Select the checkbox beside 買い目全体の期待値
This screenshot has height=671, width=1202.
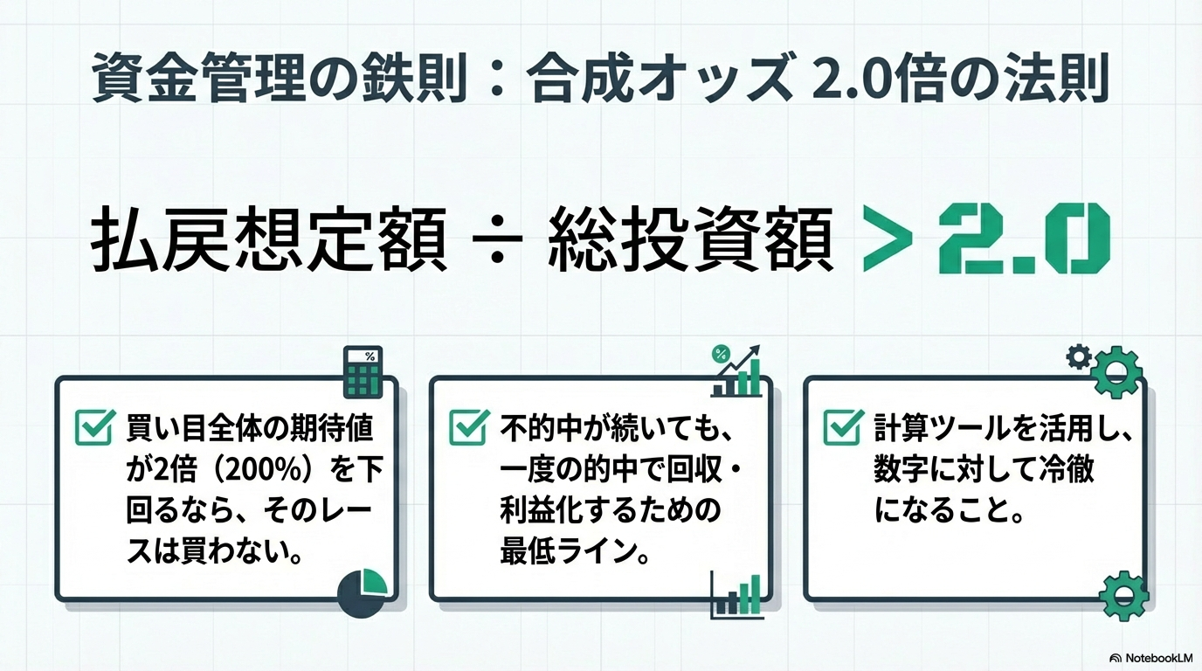tap(94, 427)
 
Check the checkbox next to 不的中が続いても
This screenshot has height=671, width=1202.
tap(469, 427)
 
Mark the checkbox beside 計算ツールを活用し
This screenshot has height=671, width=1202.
tap(842, 427)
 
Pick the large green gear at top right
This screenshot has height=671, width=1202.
tap(1116, 371)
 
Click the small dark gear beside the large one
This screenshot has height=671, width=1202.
tap(1080, 356)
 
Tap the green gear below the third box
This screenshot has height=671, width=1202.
tap(1122, 597)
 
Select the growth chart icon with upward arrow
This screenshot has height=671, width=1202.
tap(737, 372)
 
